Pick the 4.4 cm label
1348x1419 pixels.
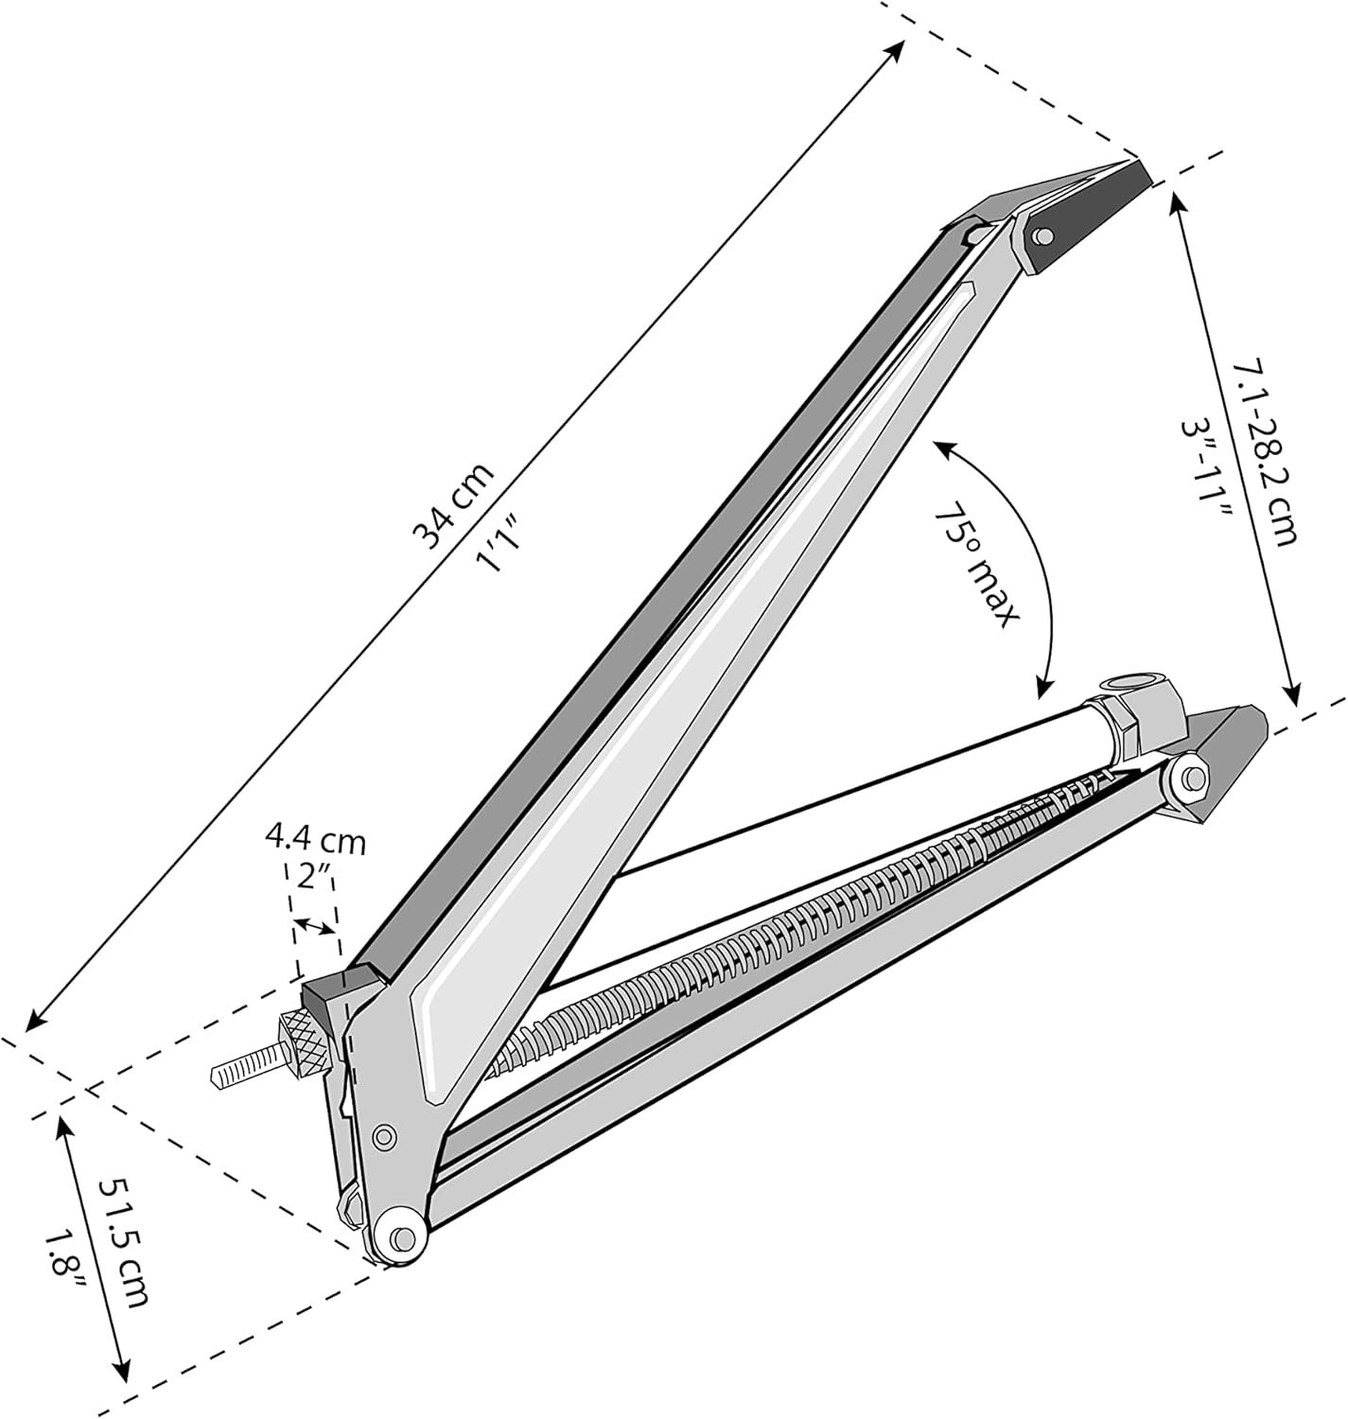(316, 841)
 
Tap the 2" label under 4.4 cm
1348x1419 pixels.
(315, 877)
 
